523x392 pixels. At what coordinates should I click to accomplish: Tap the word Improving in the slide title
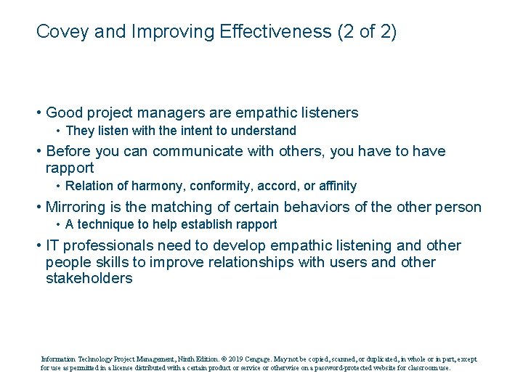pyautogui.click(x=163, y=32)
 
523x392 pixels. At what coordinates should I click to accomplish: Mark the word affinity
pyautogui.click(x=335, y=187)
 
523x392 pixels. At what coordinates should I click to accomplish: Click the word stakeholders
pyautogui.click(x=89, y=278)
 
